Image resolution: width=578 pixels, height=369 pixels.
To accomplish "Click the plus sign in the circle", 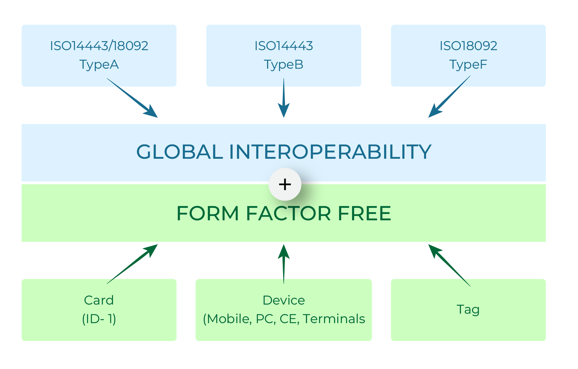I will [x=285, y=185].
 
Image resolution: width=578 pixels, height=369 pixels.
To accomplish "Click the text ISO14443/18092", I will [x=99, y=46].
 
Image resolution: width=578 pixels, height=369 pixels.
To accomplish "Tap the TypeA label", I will [x=99, y=64].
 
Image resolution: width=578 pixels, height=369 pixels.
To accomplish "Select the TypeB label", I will [x=283, y=64].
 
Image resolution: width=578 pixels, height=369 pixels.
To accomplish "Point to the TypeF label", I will [x=468, y=64].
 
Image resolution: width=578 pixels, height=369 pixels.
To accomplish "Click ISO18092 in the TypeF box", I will [x=468, y=46].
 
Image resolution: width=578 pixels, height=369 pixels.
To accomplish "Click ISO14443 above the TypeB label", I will [x=283, y=46].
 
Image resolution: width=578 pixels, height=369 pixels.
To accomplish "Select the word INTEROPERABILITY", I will [x=330, y=152].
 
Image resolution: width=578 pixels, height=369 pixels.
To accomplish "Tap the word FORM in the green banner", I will [x=208, y=214].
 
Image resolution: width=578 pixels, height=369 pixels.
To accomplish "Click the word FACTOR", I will [x=288, y=214].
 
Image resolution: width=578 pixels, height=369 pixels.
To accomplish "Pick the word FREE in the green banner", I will [x=364, y=214].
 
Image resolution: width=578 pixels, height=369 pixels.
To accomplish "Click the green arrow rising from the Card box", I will [x=132, y=264].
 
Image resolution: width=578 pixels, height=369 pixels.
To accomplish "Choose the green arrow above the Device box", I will [x=284, y=264].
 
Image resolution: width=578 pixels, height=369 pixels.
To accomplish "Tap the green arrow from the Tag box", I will [x=449, y=265].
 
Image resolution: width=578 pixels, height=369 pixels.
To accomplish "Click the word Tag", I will [x=468, y=310].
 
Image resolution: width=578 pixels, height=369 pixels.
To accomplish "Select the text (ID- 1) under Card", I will [x=99, y=319].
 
